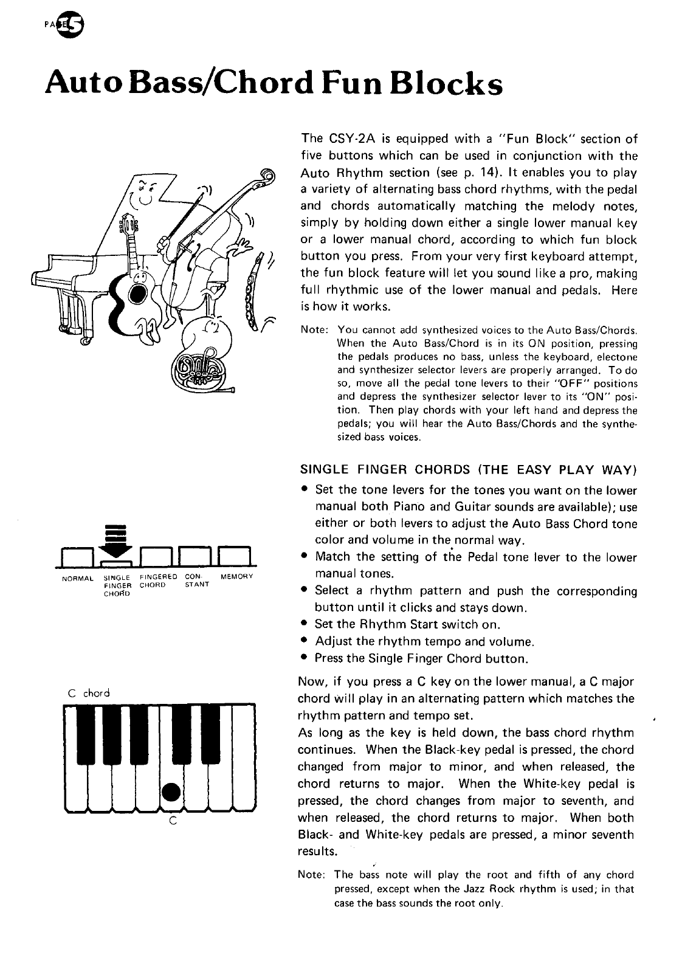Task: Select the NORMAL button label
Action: point(77,576)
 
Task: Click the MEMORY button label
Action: point(237,576)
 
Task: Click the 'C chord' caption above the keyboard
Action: point(89,692)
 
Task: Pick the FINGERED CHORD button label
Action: point(158,580)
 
